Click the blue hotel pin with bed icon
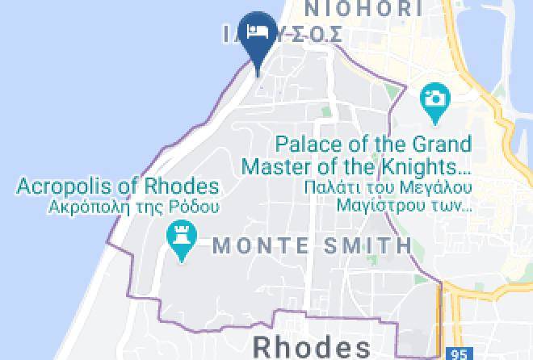[x=258, y=33]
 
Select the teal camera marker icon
[x=434, y=100]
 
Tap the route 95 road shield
[x=460, y=354]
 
